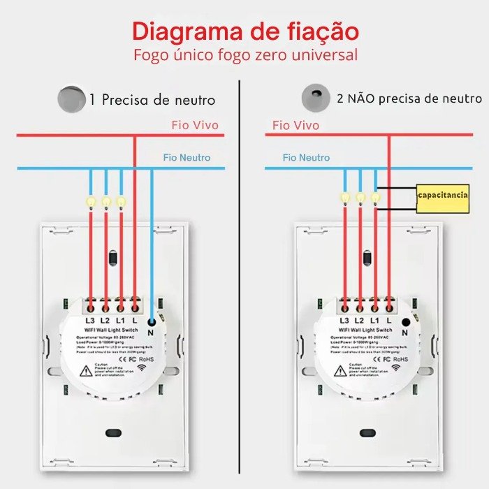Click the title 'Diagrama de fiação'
[246, 31]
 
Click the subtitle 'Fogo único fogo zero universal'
[246, 54]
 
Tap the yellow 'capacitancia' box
[443, 195]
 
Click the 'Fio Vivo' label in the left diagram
[195, 125]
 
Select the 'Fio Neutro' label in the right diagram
[305, 158]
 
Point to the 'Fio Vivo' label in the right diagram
[295, 125]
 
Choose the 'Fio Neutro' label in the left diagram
[187, 158]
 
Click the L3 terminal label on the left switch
[90, 320]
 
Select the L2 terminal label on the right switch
[360, 320]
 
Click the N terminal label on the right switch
[406, 333]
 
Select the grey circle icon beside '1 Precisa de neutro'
[71, 98]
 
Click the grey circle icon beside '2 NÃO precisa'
[315, 98]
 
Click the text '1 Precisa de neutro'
[152, 99]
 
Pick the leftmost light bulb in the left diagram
[90, 201]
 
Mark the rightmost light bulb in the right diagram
[375, 198]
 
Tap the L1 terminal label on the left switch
[120, 320]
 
